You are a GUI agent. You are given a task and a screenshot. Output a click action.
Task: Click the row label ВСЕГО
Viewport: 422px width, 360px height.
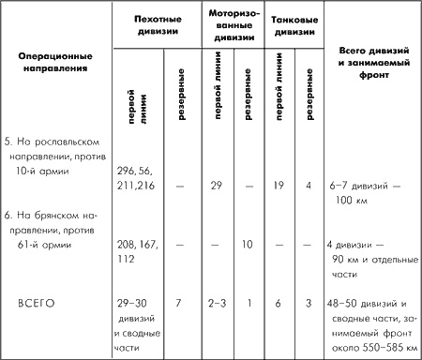pos(40,303)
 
